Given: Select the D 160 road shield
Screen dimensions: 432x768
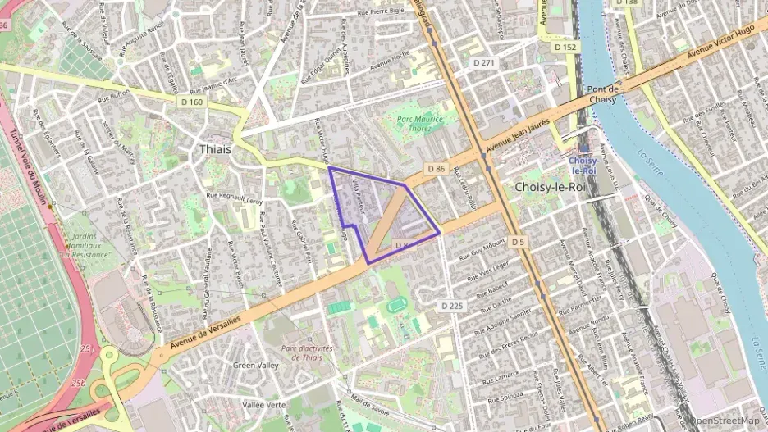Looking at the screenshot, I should click(192, 102).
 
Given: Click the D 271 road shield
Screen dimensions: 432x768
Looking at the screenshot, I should click(482, 62).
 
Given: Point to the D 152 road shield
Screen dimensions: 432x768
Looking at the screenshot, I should click(565, 48).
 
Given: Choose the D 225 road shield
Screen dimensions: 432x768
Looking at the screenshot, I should click(452, 305).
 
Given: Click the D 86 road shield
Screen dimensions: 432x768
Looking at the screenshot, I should click(436, 168).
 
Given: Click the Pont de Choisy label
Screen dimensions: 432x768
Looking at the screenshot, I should click(602, 93).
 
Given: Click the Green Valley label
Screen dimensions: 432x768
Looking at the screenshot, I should click(256, 365).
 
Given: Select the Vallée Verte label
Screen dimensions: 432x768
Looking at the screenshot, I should click(264, 404).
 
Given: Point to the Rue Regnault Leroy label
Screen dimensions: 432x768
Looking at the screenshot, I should click(235, 197).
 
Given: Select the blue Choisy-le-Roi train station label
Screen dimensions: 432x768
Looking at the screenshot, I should click(583, 166).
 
